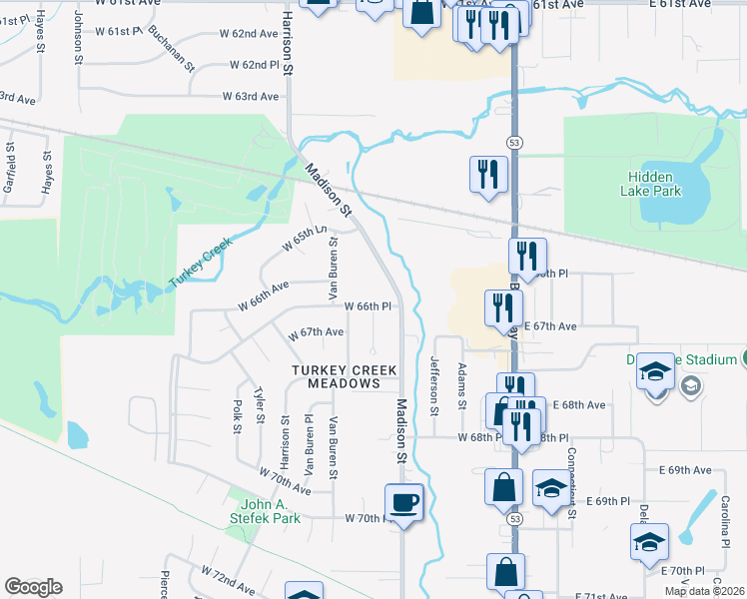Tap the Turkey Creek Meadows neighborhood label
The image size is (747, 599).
345,376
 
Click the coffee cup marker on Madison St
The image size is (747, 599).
403,502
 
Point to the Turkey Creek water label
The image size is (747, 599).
201,263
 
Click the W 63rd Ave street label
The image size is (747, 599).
250,97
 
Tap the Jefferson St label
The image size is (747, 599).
434,385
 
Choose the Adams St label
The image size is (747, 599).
461,386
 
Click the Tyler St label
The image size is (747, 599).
259,405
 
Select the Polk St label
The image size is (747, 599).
238,417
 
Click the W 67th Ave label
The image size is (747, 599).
316,332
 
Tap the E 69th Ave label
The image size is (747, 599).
684,469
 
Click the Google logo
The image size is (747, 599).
33,587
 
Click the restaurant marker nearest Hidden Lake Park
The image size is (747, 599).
488,176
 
